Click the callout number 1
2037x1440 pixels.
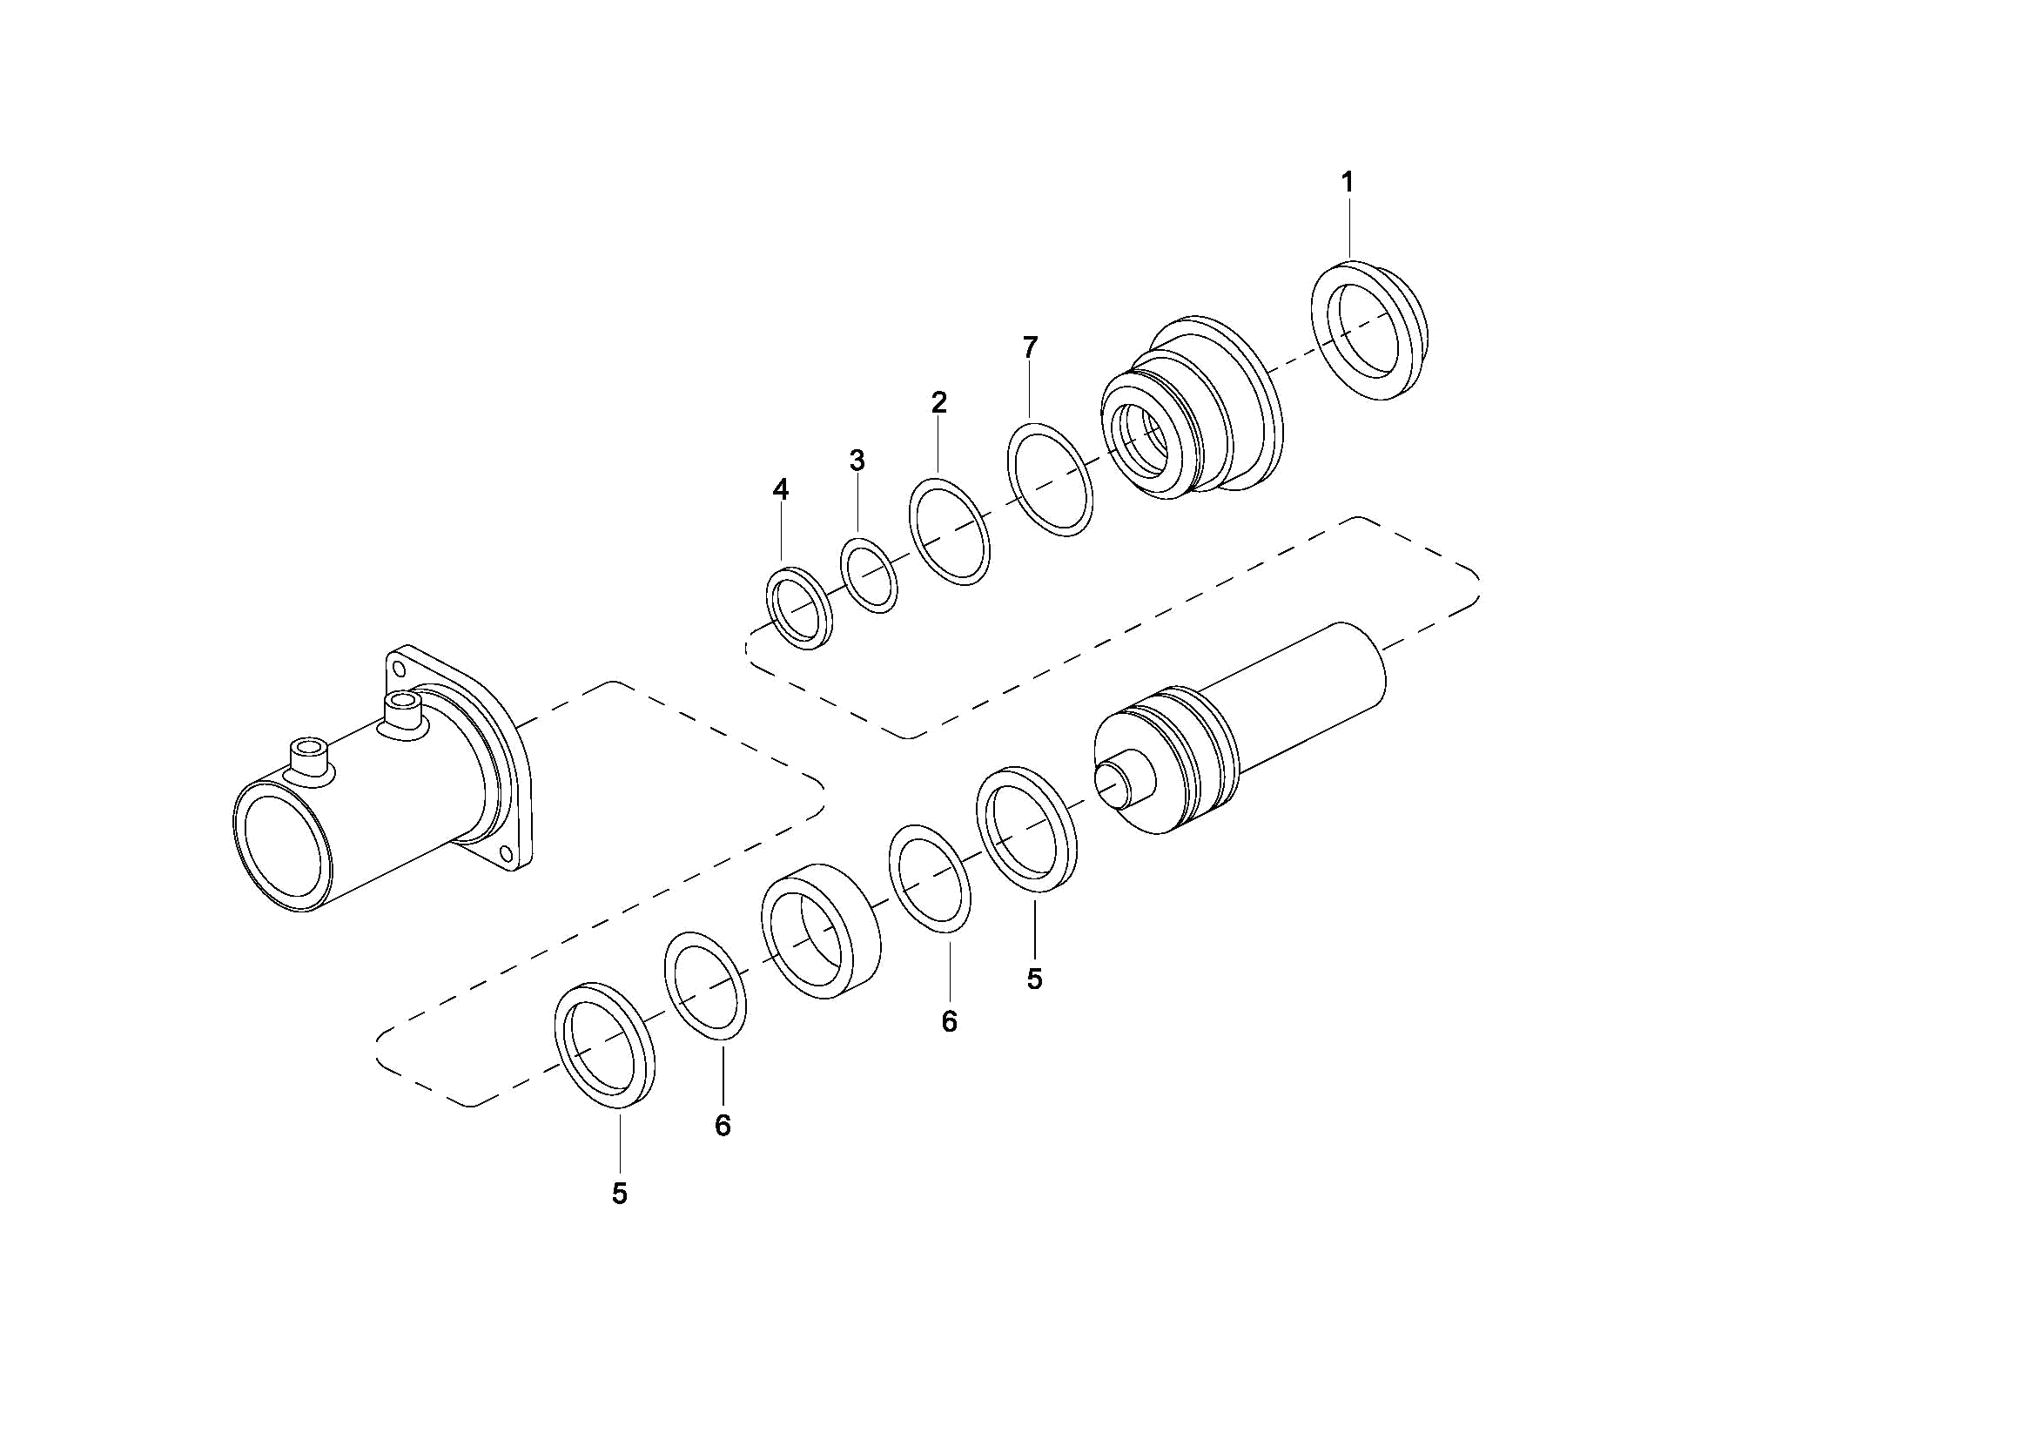(x=1347, y=183)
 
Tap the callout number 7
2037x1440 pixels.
(x=1029, y=347)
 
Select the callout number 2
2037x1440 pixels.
(x=938, y=403)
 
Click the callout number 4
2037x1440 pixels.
(x=780, y=489)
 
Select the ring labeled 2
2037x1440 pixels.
(x=914, y=515)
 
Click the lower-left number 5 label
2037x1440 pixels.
(x=619, y=1194)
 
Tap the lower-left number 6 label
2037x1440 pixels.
(x=723, y=1125)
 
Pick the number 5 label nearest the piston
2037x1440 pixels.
(x=1033, y=979)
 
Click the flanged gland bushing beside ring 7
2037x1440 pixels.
(x=1193, y=408)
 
